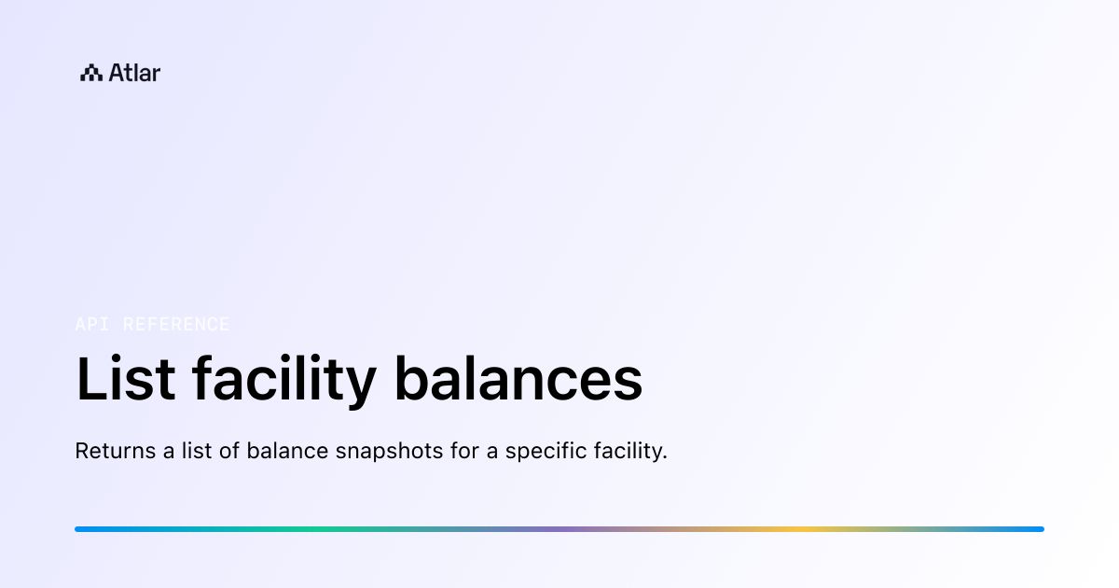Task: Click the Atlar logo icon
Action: pyautogui.click(x=91, y=73)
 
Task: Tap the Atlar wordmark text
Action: pyautogui.click(x=134, y=73)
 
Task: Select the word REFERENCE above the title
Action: pyautogui.click(x=176, y=325)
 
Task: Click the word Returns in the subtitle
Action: pyautogui.click(x=115, y=452)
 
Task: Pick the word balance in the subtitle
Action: pyautogui.click(x=287, y=452)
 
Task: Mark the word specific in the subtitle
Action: pyautogui.click(x=539, y=452)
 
